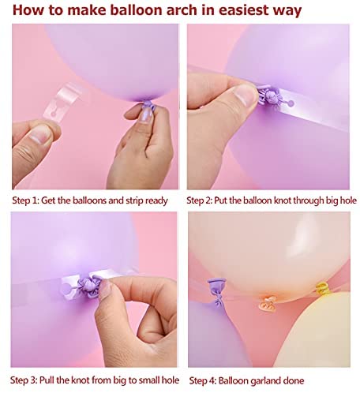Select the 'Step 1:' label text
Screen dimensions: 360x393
(x=25, y=200)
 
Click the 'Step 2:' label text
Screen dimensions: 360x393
(x=199, y=200)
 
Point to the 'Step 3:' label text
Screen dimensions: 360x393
(x=24, y=380)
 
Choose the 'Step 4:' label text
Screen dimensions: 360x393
(x=203, y=380)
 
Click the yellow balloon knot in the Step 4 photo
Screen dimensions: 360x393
(x=322, y=287)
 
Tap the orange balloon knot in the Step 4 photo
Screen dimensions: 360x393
(x=268, y=303)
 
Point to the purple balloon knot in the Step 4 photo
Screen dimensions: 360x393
(x=216, y=292)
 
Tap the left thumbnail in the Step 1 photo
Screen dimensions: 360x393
(x=39, y=134)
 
